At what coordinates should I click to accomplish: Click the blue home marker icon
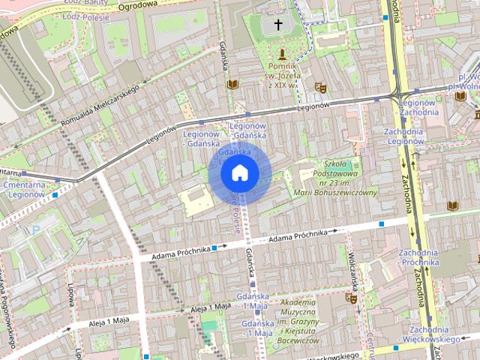[x=240, y=173]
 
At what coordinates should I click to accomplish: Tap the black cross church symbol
[x=278, y=25]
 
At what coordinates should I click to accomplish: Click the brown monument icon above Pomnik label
[x=282, y=54]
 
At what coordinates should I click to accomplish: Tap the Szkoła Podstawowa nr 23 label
[x=346, y=178]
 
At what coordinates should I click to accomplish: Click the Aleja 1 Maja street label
[x=210, y=307]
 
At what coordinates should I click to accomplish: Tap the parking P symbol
[x=34, y=229]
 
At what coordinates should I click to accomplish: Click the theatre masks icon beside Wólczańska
[x=349, y=298]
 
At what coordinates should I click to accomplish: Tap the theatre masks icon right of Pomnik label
[x=320, y=87]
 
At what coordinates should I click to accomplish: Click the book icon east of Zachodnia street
[x=452, y=205]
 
